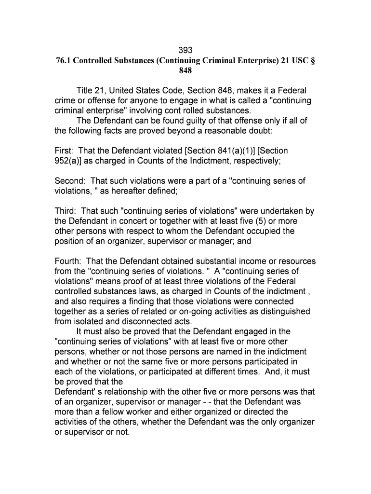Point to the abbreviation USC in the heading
(x=297, y=60)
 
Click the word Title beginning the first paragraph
(x=85, y=91)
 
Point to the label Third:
(x=66, y=211)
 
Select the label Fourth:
(x=68, y=261)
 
